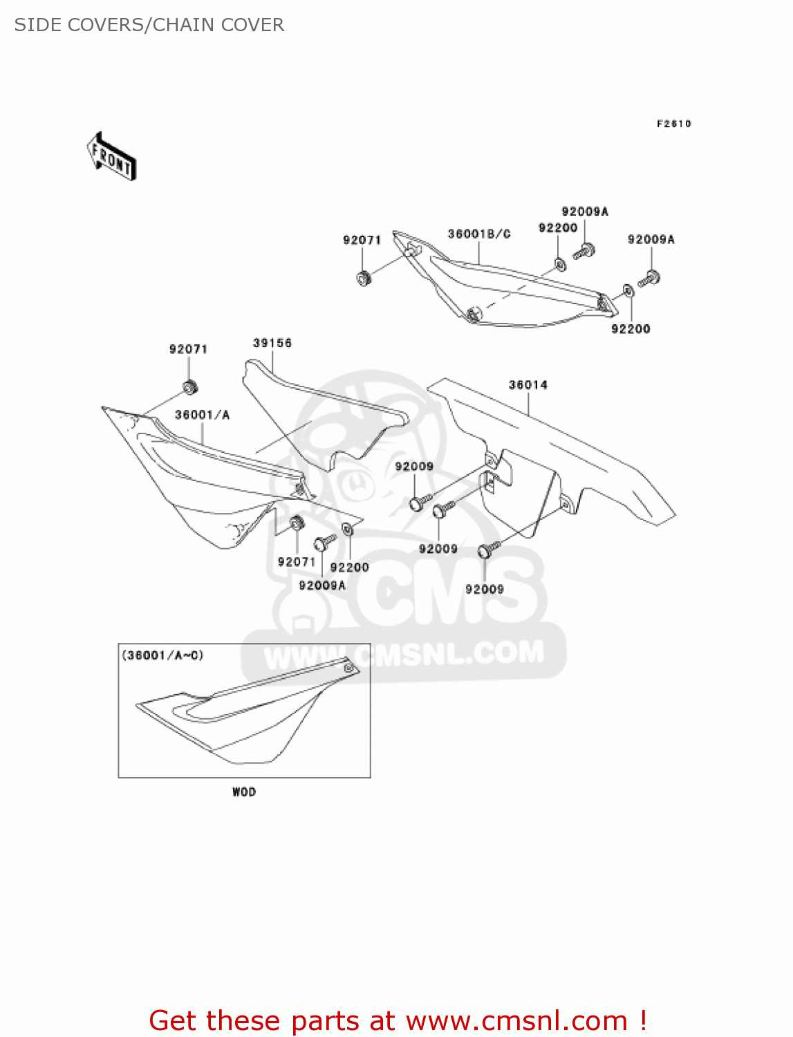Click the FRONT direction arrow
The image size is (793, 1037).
coord(111,156)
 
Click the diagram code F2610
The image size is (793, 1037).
coord(673,124)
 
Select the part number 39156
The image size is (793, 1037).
coord(272,343)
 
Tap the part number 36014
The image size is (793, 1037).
coord(528,384)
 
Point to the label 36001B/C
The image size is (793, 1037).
coord(479,234)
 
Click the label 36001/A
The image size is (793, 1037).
coord(202,415)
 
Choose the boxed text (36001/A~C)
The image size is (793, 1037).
coord(163,655)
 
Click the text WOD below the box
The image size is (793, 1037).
coord(244,792)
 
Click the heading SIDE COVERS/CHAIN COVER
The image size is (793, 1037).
coord(149,25)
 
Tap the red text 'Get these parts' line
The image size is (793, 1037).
coord(398,1020)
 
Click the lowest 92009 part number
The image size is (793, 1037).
coord(485,589)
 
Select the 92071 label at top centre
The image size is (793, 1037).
coord(362,240)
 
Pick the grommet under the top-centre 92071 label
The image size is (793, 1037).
coord(364,279)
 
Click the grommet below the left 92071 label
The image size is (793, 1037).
coord(189,386)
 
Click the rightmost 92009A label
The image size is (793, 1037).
coord(651,239)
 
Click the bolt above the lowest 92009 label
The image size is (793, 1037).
coord(487,550)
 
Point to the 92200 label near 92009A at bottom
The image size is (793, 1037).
coord(350,567)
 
